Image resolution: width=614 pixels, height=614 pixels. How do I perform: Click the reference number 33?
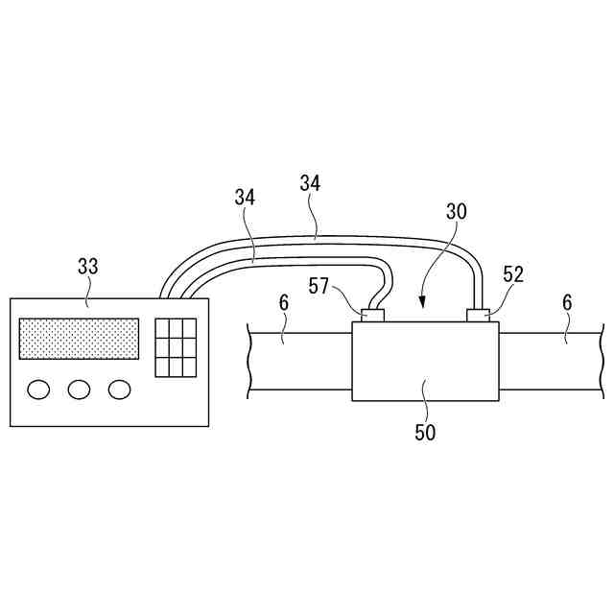[87, 266]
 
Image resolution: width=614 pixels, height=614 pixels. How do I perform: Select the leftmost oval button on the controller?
[39, 390]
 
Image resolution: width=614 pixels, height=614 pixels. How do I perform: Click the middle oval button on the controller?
[79, 390]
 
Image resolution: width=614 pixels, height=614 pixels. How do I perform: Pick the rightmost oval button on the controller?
[119, 390]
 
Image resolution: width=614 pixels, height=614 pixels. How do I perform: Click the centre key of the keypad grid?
[176, 346]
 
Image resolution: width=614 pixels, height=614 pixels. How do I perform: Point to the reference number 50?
[425, 433]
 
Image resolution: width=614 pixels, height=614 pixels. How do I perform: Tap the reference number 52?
[513, 275]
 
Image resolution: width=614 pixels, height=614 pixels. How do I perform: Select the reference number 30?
[456, 212]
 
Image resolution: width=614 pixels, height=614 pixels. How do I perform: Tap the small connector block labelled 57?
[372, 315]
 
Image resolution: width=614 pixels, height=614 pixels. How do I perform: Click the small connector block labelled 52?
[478, 315]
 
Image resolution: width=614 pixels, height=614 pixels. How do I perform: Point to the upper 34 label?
[310, 181]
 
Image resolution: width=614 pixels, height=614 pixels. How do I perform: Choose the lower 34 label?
[246, 199]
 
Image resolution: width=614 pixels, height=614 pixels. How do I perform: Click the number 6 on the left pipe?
[284, 303]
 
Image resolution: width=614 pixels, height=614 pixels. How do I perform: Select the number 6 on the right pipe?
[567, 303]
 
